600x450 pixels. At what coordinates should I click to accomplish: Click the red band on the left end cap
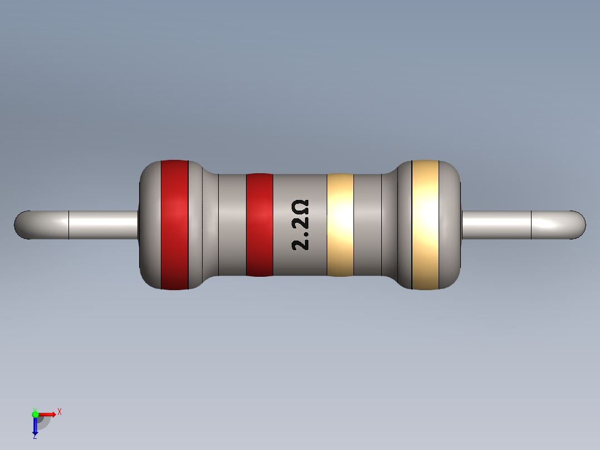174,224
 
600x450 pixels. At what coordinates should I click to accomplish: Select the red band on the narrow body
259,224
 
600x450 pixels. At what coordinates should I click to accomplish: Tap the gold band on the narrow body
340,224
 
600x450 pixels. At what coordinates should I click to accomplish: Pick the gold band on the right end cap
425,224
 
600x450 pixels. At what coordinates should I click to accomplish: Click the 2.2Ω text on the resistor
301,225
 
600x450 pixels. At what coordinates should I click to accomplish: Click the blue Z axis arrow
35,426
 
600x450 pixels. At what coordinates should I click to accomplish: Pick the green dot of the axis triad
35,414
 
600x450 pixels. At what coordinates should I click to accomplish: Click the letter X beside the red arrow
59,412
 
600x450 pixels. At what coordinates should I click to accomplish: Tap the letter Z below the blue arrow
35,437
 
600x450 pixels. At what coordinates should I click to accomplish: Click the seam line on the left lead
68,225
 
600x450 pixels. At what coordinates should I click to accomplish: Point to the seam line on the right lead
532,225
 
